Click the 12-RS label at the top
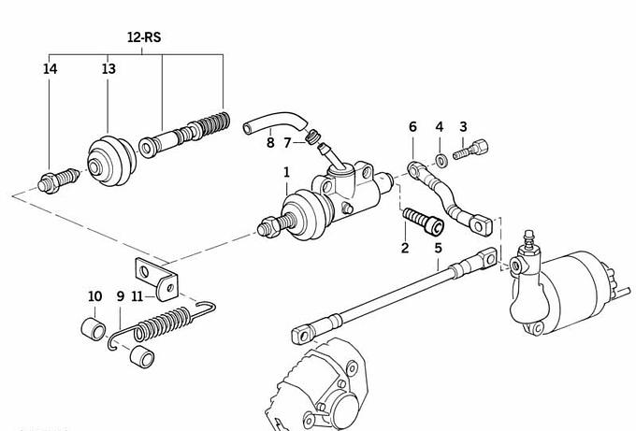click(x=144, y=37)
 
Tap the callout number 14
click(x=50, y=69)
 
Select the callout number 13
click(x=108, y=69)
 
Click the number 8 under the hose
click(x=270, y=143)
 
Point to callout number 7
click(x=287, y=143)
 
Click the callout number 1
click(x=287, y=172)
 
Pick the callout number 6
click(x=412, y=127)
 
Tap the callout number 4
click(x=440, y=127)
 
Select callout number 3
click(x=463, y=127)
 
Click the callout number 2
click(x=405, y=248)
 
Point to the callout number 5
click(x=438, y=248)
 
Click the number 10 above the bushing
click(x=94, y=296)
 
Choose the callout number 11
click(x=137, y=296)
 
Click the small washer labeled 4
click(x=441, y=161)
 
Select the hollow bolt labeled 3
click(x=470, y=150)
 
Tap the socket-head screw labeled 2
click(x=424, y=221)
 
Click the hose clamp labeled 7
click(x=311, y=136)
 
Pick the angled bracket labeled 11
click(x=156, y=280)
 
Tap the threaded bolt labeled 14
click(x=58, y=180)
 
